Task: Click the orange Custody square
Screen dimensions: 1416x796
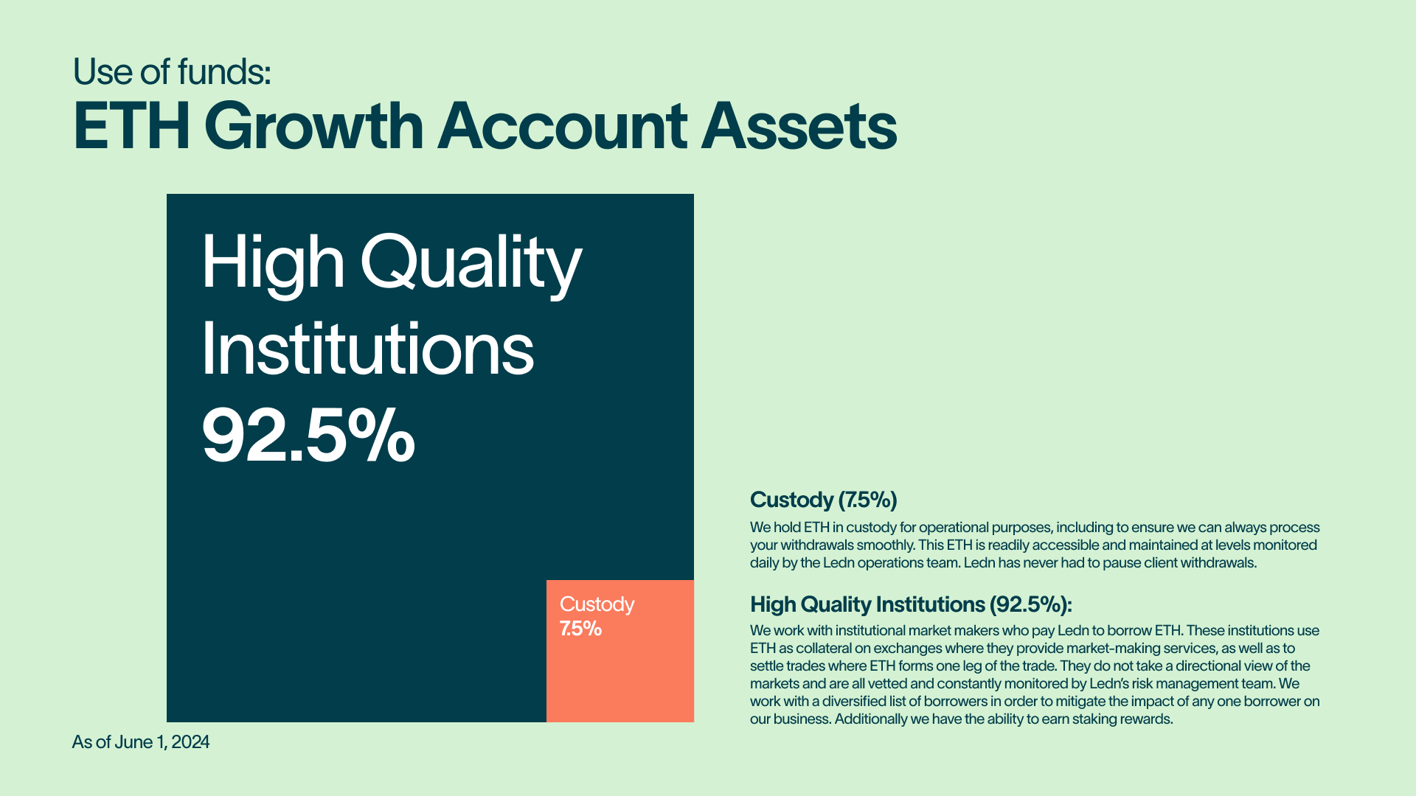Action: [x=620, y=651]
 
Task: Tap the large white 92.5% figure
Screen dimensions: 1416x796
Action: [x=308, y=436]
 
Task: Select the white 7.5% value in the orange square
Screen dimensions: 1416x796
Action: [x=580, y=629]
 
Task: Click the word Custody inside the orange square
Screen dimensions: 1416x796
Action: [x=597, y=604]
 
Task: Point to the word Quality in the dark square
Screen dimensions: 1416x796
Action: [x=471, y=264]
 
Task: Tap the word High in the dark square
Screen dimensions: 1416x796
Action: [x=273, y=264]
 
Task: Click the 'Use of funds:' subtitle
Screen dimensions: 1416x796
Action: [x=172, y=71]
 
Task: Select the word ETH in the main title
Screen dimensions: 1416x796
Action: [x=132, y=126]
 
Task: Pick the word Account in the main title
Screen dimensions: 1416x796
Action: [x=563, y=126]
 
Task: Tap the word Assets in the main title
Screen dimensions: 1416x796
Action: [x=799, y=126]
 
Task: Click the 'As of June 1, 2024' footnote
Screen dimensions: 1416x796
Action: [x=141, y=742]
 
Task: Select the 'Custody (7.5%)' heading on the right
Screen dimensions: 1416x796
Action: [x=824, y=500]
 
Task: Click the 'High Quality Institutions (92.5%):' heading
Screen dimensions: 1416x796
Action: [x=911, y=604]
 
